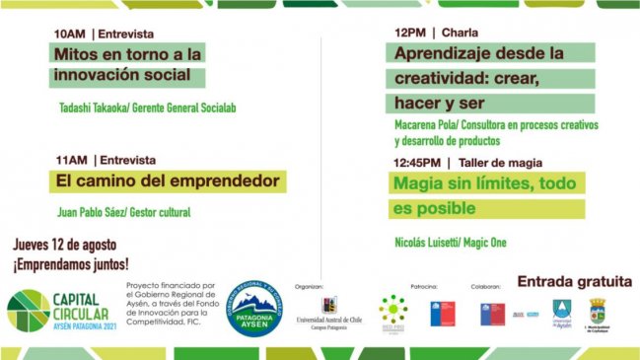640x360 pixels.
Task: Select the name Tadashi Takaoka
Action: (x=95, y=108)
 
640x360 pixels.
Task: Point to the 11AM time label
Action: (x=70, y=160)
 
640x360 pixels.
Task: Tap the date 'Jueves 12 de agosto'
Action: (x=65, y=245)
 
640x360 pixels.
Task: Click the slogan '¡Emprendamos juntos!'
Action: (x=70, y=264)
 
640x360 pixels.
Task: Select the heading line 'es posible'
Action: (x=435, y=209)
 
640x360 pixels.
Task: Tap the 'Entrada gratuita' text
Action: (x=573, y=280)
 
